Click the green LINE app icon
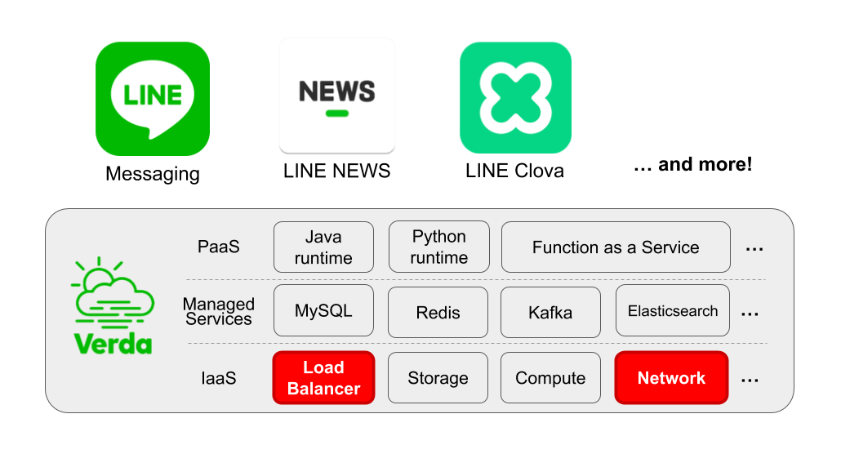[x=153, y=98]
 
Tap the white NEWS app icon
[x=336, y=95]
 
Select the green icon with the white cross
[x=515, y=98]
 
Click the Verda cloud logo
[x=113, y=306]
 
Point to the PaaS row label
[x=219, y=247]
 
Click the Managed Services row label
[x=218, y=311]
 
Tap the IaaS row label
[x=219, y=378]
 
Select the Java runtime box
[x=323, y=247]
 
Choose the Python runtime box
[x=439, y=247]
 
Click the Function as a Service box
[x=616, y=247]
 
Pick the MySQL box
[x=323, y=311]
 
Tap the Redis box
[x=438, y=312]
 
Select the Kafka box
[x=550, y=312]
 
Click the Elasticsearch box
[x=673, y=311]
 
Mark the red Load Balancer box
[x=323, y=378]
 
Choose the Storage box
[x=438, y=378]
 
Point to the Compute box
[x=550, y=378]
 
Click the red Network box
[x=671, y=378]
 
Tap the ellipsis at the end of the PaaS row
[x=754, y=248]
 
